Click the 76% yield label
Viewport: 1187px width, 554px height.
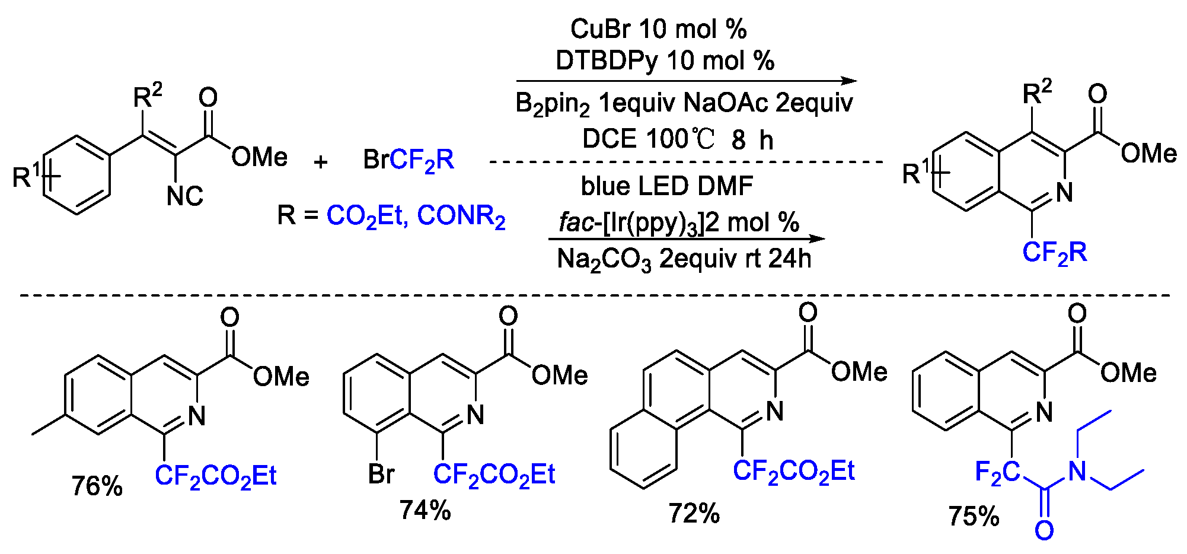[x=97, y=486]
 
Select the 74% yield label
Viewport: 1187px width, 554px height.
[x=425, y=510]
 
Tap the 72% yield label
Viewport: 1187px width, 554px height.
[x=694, y=514]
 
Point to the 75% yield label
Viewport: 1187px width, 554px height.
[x=974, y=516]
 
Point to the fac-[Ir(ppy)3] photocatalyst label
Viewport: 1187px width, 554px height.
[x=631, y=223]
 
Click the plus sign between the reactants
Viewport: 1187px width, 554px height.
[x=321, y=161]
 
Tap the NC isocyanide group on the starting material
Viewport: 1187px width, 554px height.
[x=185, y=196]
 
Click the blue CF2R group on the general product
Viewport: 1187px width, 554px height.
[x=1055, y=253]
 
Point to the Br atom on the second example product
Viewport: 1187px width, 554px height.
[x=381, y=474]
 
